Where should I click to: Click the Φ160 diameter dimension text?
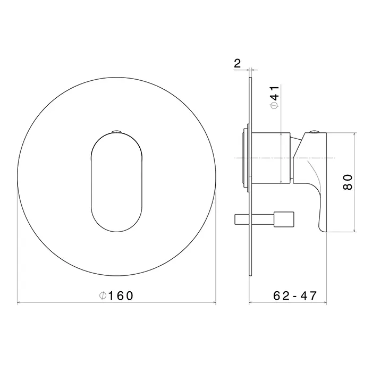tap(116, 295)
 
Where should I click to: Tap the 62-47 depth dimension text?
tap(295, 295)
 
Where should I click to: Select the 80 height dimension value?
tap(348, 182)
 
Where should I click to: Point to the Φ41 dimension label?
tap(275, 97)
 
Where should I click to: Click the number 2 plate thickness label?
tap(237, 63)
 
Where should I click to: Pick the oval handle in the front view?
tap(117, 183)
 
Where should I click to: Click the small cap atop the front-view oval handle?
tap(116, 131)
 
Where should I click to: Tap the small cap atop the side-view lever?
tap(315, 131)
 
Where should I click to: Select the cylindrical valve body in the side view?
tap(270, 158)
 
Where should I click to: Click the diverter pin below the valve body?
tap(264, 219)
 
